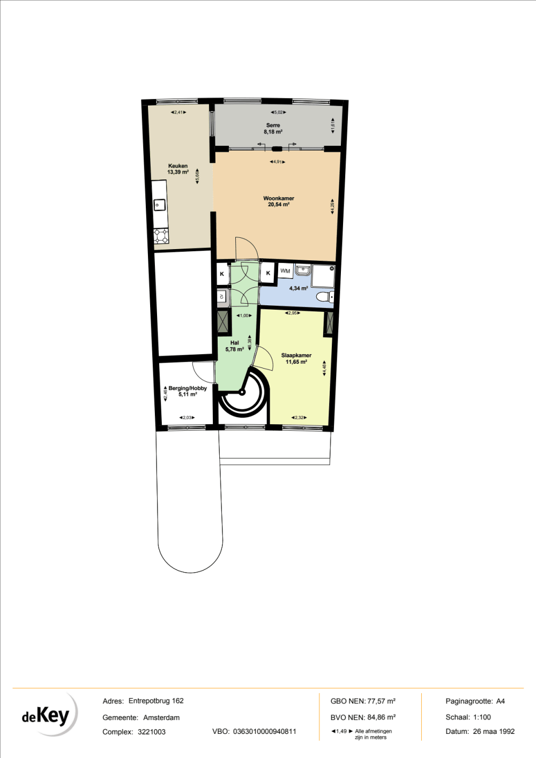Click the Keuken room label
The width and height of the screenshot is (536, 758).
pyautogui.click(x=178, y=166)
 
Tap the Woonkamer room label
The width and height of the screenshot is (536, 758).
pyautogui.click(x=279, y=198)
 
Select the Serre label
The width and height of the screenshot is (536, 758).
pyautogui.click(x=273, y=125)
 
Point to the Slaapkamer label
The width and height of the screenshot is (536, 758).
pyautogui.click(x=296, y=355)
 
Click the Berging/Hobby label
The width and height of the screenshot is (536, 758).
pyautogui.click(x=188, y=388)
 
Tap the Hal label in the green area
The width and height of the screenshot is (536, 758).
pyautogui.click(x=234, y=343)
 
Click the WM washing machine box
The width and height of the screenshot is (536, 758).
pyautogui.click(x=285, y=271)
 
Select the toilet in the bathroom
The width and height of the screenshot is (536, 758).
pyautogui.click(x=325, y=297)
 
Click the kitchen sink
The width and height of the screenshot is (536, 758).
pyautogui.click(x=159, y=205)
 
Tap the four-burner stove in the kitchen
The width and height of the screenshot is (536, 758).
pyautogui.click(x=161, y=236)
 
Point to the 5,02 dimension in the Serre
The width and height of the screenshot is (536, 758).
pyautogui.click(x=277, y=112)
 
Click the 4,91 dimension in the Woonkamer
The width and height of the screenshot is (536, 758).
pyautogui.click(x=277, y=162)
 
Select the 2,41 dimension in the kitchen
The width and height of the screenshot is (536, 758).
pyautogui.click(x=178, y=112)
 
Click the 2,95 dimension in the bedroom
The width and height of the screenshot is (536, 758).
pyautogui.click(x=292, y=313)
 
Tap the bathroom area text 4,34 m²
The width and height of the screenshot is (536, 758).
pyautogui.click(x=299, y=289)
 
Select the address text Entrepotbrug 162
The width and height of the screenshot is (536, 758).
pyautogui.click(x=156, y=701)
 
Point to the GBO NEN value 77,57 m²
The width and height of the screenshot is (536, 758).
pyautogui.click(x=381, y=701)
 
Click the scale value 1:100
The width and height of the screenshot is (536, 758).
pyautogui.click(x=482, y=717)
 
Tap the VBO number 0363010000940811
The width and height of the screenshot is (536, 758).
pyautogui.click(x=265, y=732)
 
